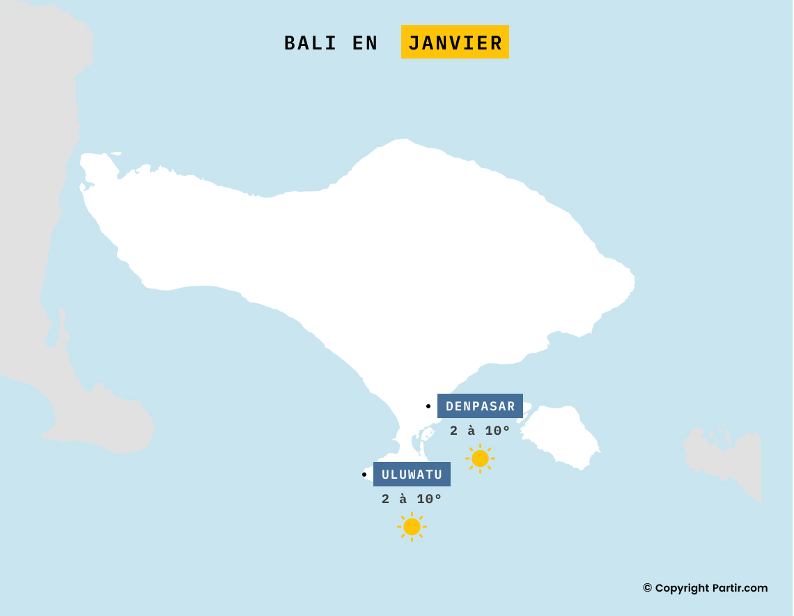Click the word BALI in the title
click(310, 43)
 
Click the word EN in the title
click(365, 43)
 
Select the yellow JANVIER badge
click(455, 43)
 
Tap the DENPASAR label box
click(480, 406)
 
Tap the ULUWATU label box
click(412, 475)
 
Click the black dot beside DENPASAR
click(428, 406)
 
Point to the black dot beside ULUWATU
click(364, 475)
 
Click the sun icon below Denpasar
click(480, 459)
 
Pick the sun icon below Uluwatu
click(412, 527)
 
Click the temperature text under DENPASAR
click(480, 431)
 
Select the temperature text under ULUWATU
click(412, 499)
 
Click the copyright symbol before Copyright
click(647, 588)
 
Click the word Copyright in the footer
click(682, 588)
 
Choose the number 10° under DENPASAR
click(498, 431)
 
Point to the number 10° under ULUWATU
click(430, 499)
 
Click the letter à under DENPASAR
click(472, 431)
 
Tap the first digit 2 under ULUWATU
click(386, 499)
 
